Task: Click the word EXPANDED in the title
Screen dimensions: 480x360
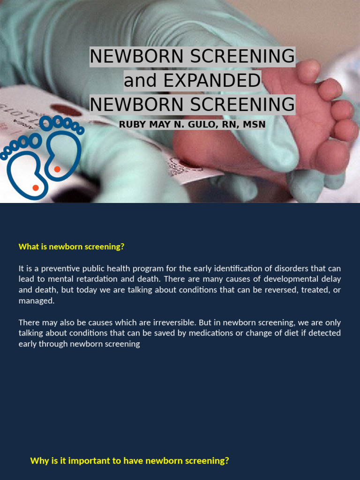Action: [211, 81]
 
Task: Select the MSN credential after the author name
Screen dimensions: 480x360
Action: [253, 124]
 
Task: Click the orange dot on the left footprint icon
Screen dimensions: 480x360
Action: [36, 187]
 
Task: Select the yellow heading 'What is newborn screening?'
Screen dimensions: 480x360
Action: [71, 247]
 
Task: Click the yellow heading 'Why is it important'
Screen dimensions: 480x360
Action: [129, 460]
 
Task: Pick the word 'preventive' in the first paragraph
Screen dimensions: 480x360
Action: [66, 269]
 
